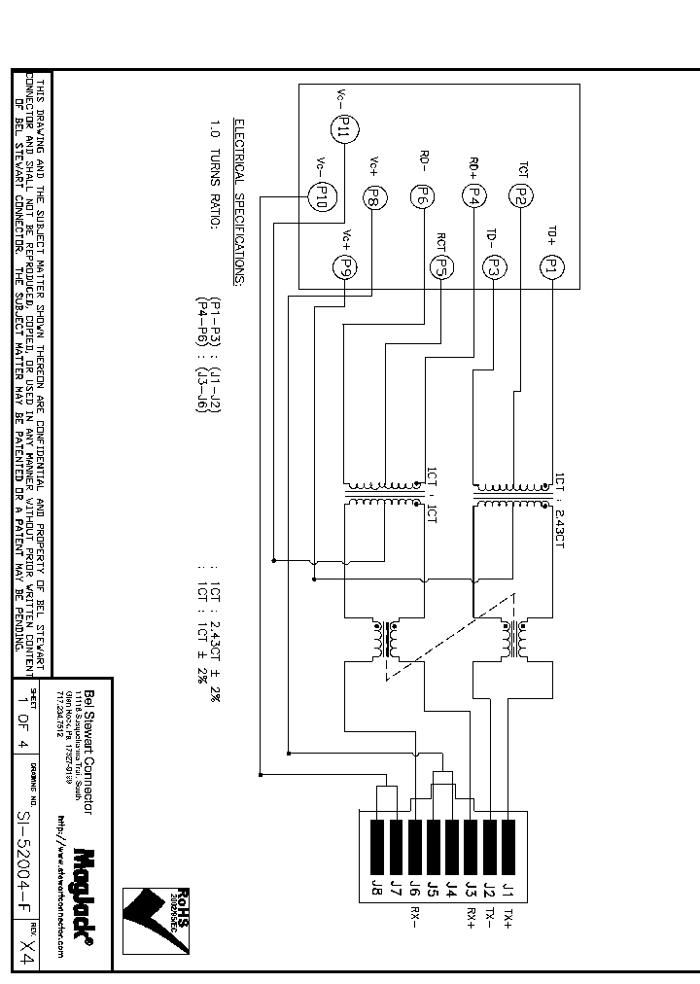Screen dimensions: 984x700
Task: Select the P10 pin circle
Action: (x=318, y=197)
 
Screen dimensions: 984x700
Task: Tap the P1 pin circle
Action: (x=550, y=264)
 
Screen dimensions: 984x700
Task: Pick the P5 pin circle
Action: (x=440, y=265)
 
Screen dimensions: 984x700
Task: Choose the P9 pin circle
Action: (x=345, y=265)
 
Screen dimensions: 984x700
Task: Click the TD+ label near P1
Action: (x=550, y=233)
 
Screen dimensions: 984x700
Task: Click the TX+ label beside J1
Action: (x=507, y=920)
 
